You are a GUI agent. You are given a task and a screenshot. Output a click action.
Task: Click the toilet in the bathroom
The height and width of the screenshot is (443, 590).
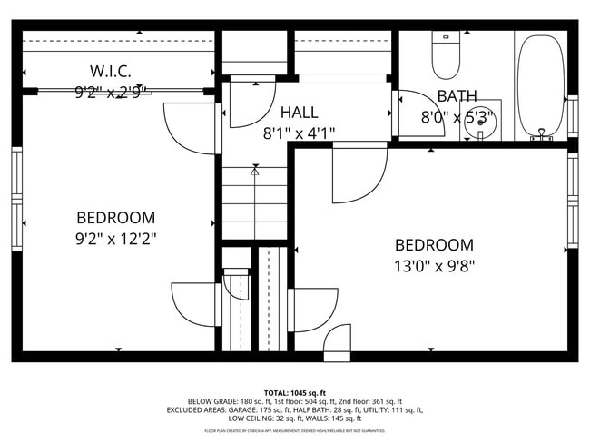click(445, 56)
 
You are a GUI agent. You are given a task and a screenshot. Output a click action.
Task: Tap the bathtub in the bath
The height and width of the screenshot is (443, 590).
click(541, 86)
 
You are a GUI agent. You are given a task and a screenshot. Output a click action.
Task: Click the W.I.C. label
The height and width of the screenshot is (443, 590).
click(111, 71)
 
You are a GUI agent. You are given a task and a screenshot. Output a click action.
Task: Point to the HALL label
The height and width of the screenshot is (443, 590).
click(299, 113)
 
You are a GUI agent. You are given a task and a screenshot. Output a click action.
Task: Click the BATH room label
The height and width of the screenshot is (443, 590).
click(457, 96)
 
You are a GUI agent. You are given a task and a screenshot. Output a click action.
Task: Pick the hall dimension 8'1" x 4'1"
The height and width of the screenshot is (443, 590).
click(299, 133)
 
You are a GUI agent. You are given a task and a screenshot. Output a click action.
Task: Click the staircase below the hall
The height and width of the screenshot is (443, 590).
click(254, 204)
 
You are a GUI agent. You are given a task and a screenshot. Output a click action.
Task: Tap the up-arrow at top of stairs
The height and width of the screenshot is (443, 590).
click(254, 170)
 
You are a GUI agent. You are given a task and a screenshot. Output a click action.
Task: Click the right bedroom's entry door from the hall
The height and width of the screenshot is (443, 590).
click(359, 174)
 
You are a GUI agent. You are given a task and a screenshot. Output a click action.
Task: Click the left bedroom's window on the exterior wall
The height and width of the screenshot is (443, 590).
click(16, 200)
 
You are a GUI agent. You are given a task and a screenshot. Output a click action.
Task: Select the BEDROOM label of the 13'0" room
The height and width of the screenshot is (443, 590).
click(434, 245)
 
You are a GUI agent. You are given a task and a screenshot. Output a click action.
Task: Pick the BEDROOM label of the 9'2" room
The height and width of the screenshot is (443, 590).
click(115, 218)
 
